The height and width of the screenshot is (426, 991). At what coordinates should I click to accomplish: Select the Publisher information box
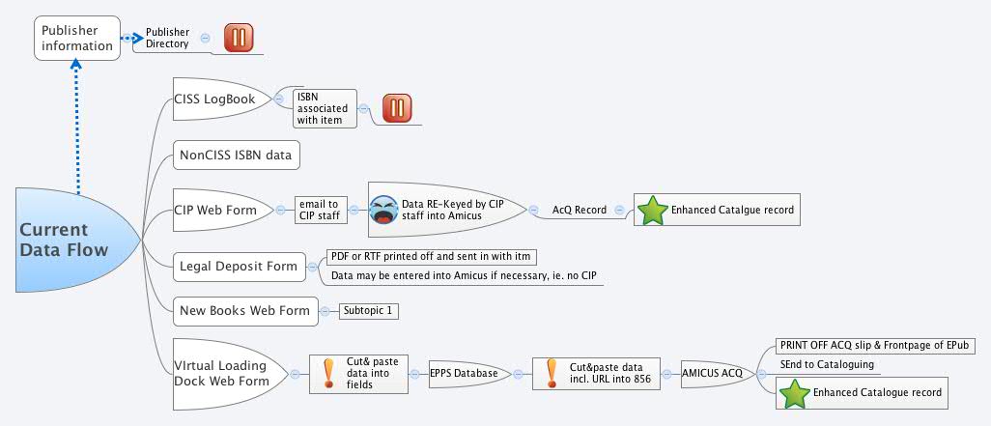[77, 38]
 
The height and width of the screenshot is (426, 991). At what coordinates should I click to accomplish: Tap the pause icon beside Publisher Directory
[239, 38]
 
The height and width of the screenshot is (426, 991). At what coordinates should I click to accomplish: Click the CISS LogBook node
[214, 99]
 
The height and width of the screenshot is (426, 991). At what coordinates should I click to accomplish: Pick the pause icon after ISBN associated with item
[397, 108]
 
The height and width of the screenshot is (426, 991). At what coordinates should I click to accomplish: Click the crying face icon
[382, 210]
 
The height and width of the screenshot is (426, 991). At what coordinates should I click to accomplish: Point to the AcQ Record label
[580, 209]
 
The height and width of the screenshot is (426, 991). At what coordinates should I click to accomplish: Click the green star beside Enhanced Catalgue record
[653, 210]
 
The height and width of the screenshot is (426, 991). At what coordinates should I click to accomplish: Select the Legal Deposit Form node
[238, 265]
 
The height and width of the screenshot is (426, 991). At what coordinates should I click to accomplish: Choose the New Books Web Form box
[244, 310]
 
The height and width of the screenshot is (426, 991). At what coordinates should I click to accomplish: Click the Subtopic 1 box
[369, 311]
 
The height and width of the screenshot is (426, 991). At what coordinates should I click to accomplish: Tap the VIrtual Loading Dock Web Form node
[221, 373]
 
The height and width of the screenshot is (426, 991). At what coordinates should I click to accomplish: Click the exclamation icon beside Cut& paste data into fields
[328, 373]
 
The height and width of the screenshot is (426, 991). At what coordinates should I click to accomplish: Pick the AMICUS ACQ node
[712, 373]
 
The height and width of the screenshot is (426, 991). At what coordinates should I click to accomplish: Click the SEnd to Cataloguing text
[828, 364]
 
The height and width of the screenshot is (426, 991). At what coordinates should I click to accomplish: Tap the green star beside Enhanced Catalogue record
[794, 393]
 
